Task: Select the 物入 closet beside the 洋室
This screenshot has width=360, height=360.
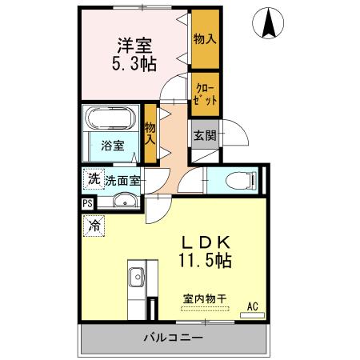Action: click(x=204, y=38)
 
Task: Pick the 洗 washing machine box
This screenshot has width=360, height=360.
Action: click(x=94, y=180)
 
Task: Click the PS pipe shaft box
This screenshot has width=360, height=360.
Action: click(x=86, y=203)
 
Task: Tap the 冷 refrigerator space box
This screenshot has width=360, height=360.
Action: click(x=94, y=226)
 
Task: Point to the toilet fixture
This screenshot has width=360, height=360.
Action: click(x=239, y=181)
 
